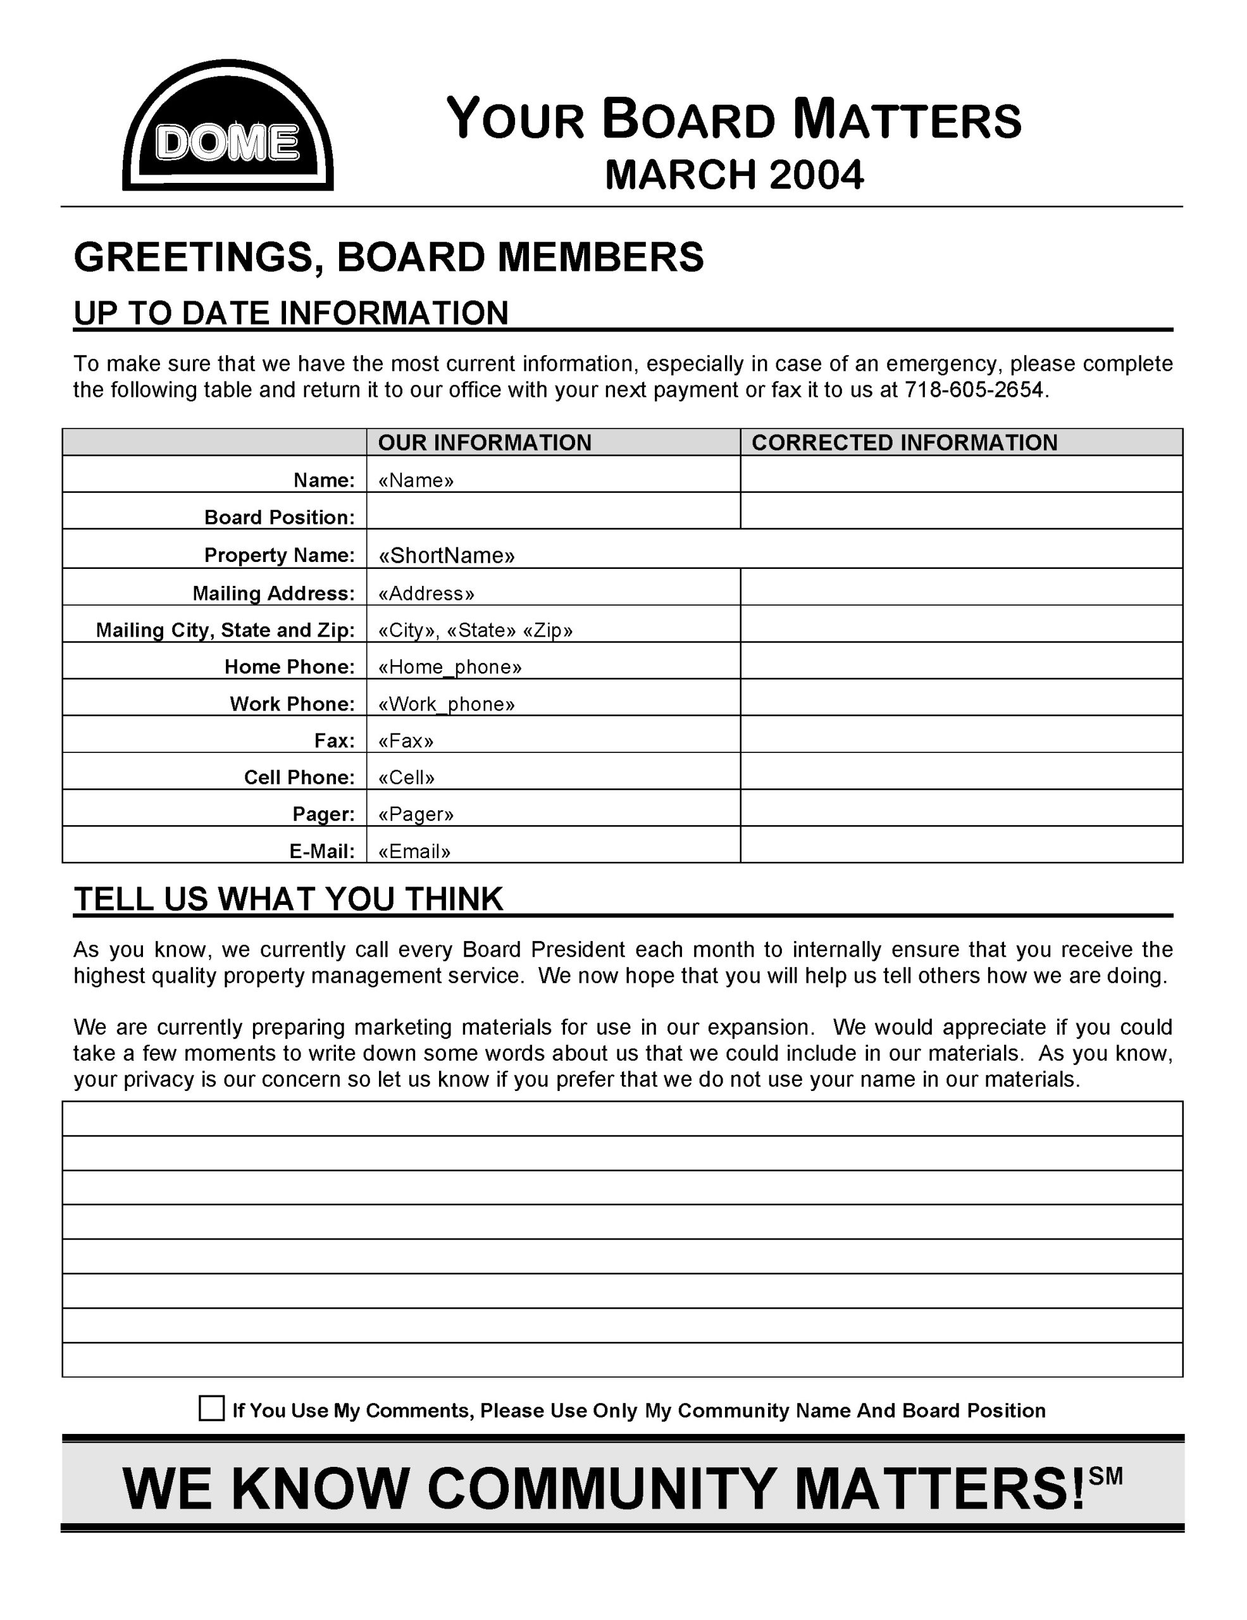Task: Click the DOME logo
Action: tap(228, 126)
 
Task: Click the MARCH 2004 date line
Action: tap(733, 175)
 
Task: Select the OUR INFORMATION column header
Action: tap(484, 443)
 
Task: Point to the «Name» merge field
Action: tap(415, 481)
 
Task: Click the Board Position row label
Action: tap(280, 517)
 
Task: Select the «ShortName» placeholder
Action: tap(446, 556)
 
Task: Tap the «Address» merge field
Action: tap(426, 594)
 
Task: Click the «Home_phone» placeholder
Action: tap(449, 667)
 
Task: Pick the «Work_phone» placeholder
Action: tap(445, 704)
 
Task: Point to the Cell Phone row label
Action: tap(299, 777)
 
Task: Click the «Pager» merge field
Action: tap(415, 814)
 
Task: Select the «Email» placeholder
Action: tap(414, 852)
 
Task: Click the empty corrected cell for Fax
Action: tap(961, 734)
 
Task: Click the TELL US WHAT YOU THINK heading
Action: tap(288, 899)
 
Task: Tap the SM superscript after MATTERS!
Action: tap(1105, 1477)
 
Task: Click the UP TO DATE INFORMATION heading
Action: tap(290, 313)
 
